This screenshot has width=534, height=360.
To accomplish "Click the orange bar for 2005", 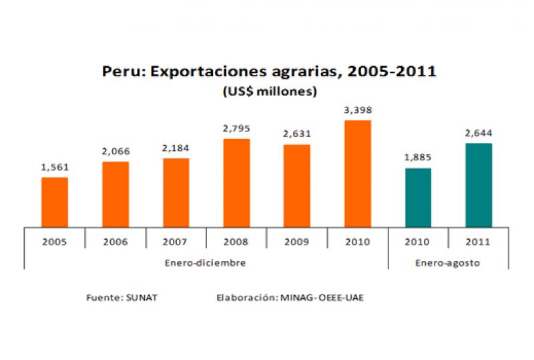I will [55, 202].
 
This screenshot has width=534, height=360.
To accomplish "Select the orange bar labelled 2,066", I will [115, 194].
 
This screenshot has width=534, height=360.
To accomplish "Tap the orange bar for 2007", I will [176, 193].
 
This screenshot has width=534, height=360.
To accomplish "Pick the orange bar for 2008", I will [236, 183].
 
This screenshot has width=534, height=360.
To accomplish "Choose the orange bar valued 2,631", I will [297, 186].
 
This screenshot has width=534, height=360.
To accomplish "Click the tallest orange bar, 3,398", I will [358, 174].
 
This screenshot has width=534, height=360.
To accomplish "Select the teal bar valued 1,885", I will [418, 198].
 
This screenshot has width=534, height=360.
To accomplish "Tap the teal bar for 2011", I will [479, 185].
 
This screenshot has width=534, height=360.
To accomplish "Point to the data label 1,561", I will [55, 168].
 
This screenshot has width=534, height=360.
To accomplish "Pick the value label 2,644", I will [479, 133].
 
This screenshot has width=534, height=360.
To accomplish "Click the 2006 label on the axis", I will [115, 242].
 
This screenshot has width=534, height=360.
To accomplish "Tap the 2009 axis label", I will [297, 242].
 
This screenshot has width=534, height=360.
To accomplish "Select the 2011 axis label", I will [479, 242].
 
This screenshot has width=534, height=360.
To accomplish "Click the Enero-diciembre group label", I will [206, 262].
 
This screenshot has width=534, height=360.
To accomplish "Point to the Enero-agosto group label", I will [448, 262].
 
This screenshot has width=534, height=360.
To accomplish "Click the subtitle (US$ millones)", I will [269, 92].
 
